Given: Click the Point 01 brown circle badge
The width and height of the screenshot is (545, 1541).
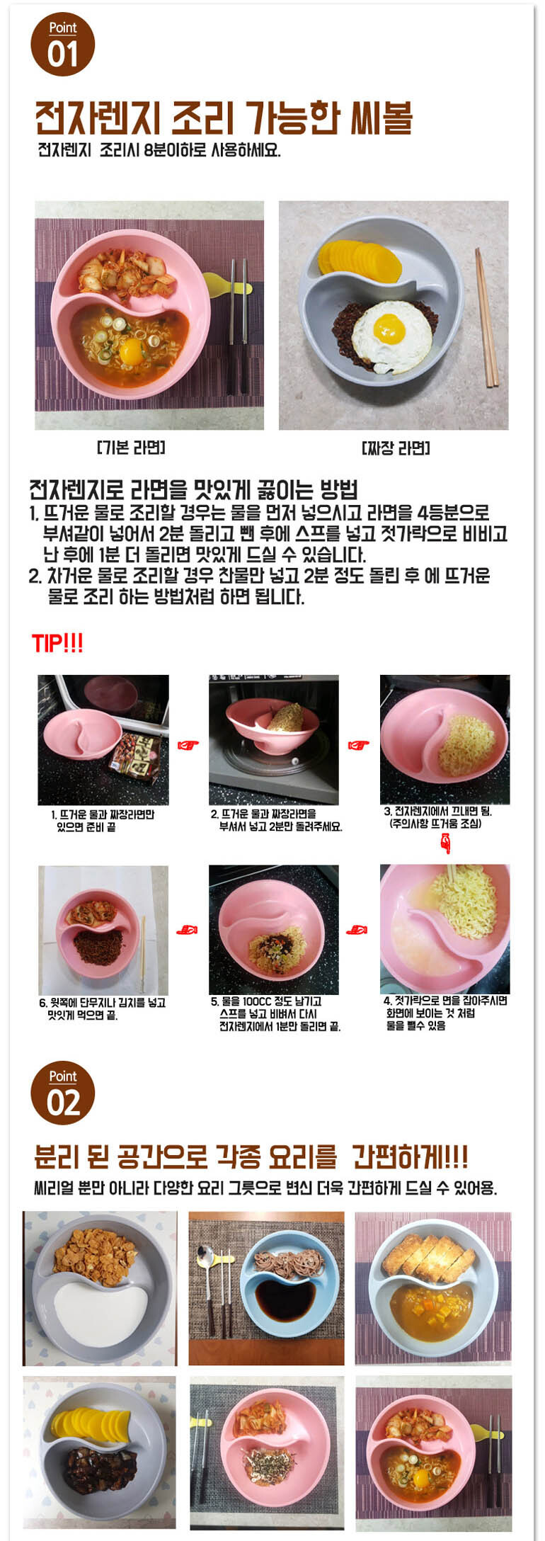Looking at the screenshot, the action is click(x=62, y=44).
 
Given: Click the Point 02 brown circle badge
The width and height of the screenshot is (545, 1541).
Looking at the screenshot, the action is click(x=62, y=1093).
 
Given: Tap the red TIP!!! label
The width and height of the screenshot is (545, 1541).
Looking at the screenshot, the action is click(x=57, y=644).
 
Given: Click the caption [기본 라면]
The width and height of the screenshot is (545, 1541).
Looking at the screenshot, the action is click(x=131, y=447).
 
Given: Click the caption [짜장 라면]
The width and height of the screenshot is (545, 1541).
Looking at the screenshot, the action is click(x=396, y=448).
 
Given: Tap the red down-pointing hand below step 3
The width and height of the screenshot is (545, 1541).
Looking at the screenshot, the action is click(x=445, y=843).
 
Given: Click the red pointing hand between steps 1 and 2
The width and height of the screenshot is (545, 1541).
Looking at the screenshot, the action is click(x=188, y=744).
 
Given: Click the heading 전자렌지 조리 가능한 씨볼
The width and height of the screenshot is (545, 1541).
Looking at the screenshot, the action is click(x=224, y=118).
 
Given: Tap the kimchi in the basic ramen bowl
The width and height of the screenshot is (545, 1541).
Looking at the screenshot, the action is click(x=127, y=274).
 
